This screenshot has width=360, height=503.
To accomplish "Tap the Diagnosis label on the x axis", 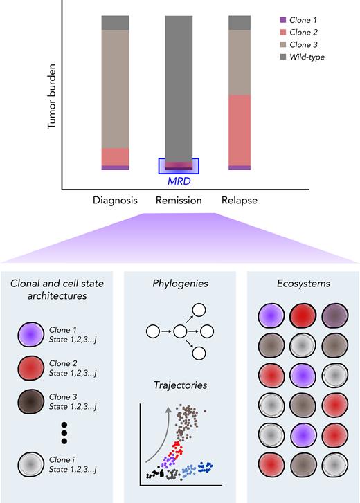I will coord(115,201).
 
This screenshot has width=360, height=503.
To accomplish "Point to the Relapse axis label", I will coord(239,201).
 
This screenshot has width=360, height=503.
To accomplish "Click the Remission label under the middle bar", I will coord(178,201).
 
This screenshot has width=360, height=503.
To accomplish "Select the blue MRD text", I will coord(179,181).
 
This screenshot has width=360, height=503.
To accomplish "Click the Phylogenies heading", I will coord(179,284).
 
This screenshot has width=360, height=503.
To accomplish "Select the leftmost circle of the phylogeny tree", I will coord(152,332).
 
